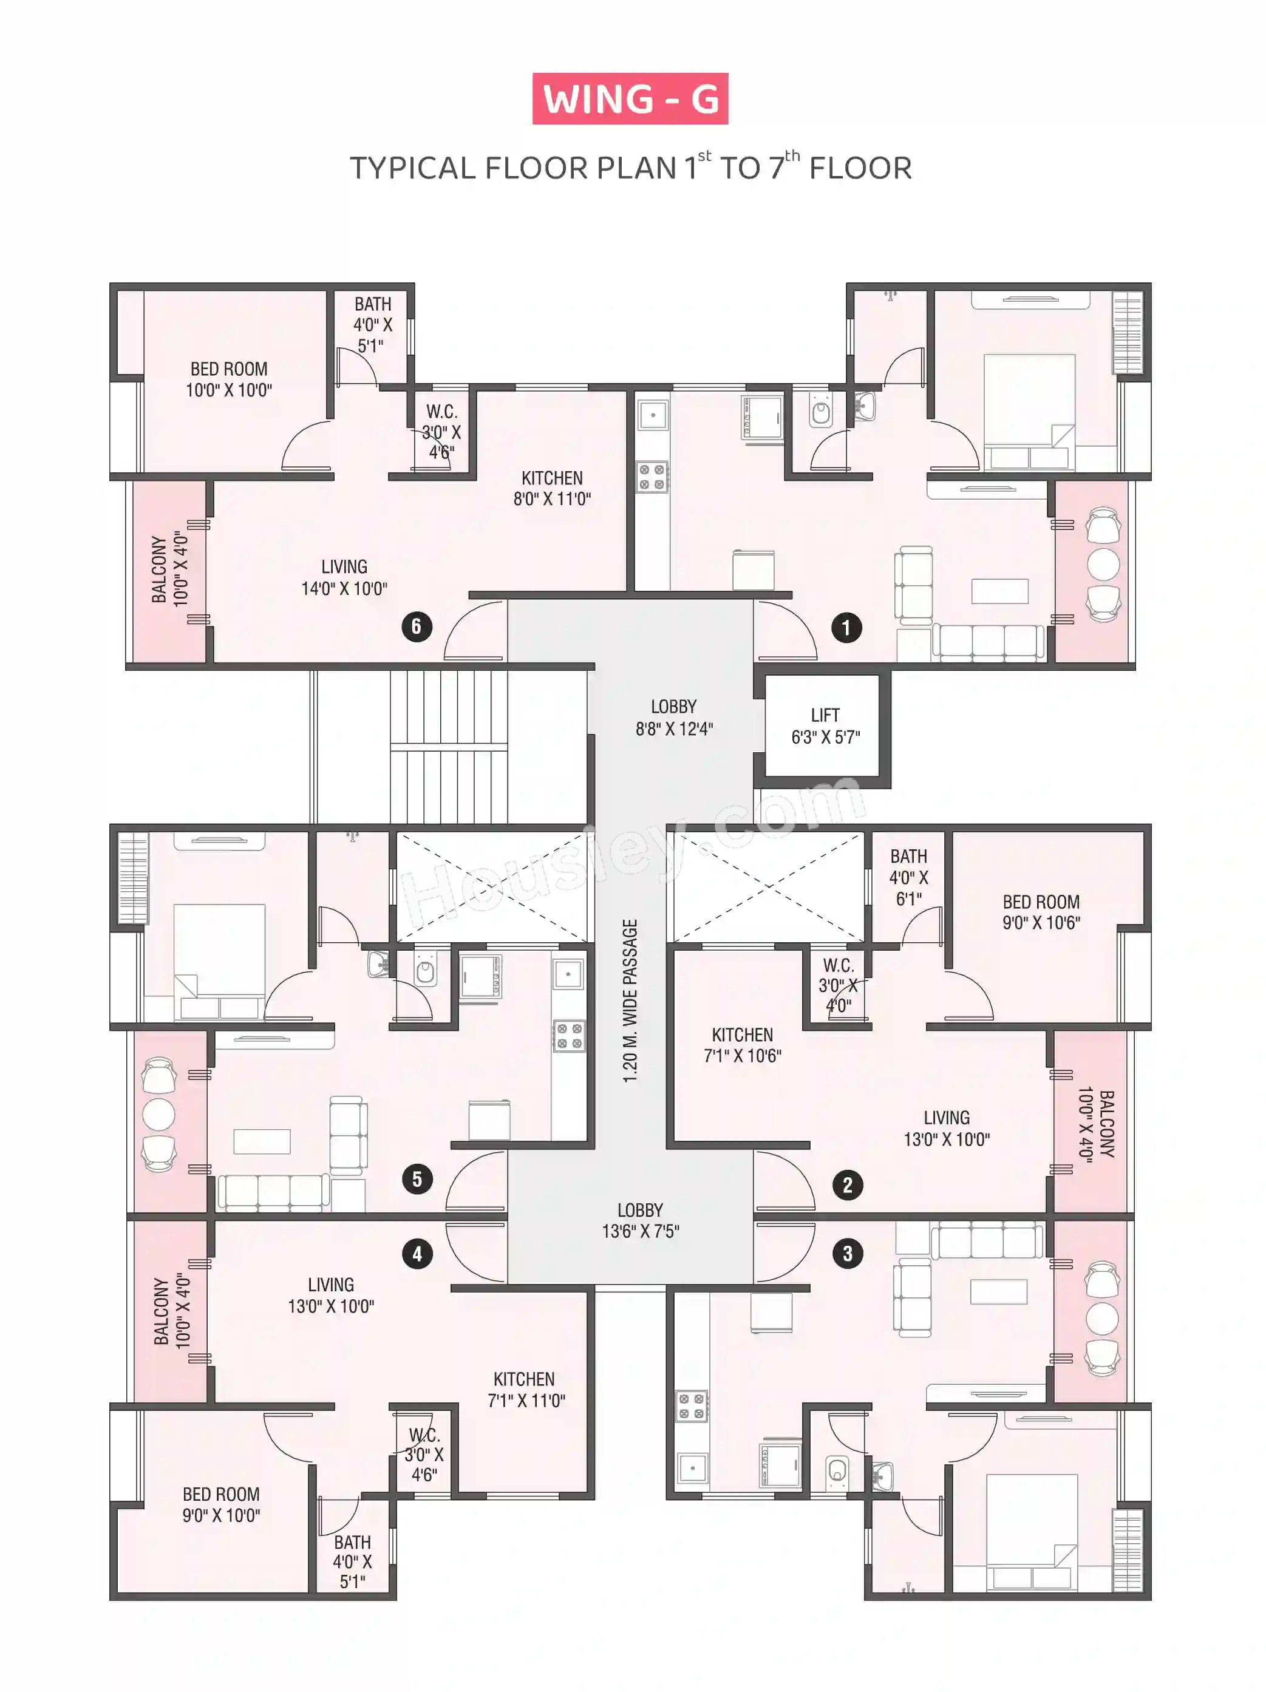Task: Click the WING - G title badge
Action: point(630,99)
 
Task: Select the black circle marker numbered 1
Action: point(845,628)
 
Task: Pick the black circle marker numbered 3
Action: point(847,1254)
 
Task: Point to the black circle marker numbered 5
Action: point(417,1179)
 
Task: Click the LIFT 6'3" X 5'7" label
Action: point(825,726)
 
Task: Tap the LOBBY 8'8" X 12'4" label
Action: point(674,718)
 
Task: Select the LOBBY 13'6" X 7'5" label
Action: point(640,1220)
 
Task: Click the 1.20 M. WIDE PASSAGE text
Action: point(630,1001)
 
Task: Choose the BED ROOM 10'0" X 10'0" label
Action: point(229,379)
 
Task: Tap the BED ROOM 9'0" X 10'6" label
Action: point(1041,912)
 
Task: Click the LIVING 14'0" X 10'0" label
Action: point(344,577)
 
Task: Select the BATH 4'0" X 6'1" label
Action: point(909,877)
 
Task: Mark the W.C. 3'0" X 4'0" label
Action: point(839,985)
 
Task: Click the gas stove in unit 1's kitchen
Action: point(652,477)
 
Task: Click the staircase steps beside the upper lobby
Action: point(449,747)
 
